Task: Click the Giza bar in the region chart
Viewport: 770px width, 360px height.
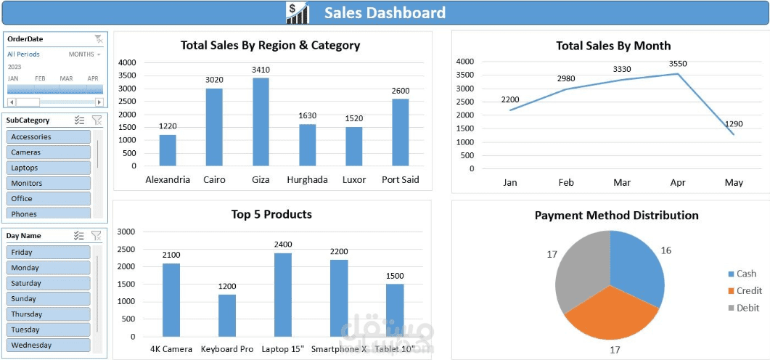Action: tap(261, 122)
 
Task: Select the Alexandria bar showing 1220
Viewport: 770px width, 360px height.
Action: tap(168, 150)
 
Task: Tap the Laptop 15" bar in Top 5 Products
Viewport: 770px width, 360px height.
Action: tap(283, 295)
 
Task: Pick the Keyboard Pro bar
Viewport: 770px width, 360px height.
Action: tap(227, 316)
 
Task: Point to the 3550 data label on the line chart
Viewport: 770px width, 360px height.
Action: tap(678, 64)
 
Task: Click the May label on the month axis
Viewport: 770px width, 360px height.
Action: tap(734, 183)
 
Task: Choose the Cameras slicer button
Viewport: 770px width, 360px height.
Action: tap(48, 152)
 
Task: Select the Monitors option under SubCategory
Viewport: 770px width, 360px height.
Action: tap(48, 183)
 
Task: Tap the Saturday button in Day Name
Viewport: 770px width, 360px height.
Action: tap(48, 283)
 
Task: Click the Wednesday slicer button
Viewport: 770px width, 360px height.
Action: tap(48, 345)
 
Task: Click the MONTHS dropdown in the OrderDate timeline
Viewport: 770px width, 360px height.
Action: tap(85, 54)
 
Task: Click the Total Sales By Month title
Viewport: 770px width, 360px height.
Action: tap(613, 46)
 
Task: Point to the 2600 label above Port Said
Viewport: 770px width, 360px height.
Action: tap(401, 91)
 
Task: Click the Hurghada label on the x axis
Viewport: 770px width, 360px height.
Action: tap(307, 180)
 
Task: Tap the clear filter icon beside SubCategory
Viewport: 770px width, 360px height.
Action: tap(97, 120)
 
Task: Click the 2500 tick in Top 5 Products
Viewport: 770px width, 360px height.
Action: tap(126, 249)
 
